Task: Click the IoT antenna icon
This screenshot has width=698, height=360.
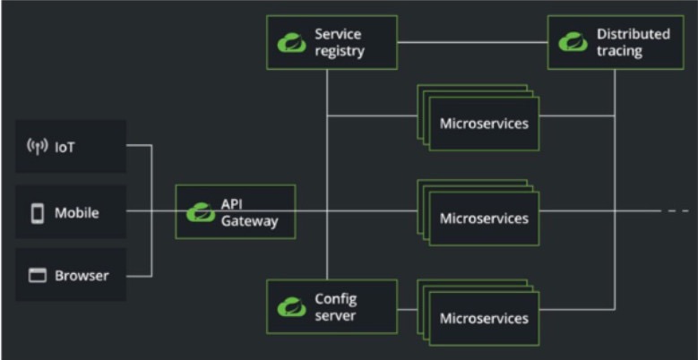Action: click(38, 147)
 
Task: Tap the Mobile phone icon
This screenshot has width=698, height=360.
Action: click(38, 213)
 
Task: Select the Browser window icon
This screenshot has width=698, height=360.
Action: click(38, 276)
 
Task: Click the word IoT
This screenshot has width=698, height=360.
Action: click(65, 147)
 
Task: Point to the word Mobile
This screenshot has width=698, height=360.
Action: click(77, 213)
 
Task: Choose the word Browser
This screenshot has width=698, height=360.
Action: click(82, 276)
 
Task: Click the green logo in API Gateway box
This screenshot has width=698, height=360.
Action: click(199, 212)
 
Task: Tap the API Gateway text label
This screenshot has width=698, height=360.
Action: click(248, 212)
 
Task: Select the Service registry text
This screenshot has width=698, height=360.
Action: click(340, 42)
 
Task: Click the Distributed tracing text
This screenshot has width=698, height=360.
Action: click(633, 42)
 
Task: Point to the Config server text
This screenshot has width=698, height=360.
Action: click(336, 307)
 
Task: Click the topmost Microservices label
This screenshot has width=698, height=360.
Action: click(484, 122)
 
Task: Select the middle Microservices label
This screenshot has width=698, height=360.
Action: click(484, 219)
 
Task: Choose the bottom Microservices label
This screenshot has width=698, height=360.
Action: click(484, 318)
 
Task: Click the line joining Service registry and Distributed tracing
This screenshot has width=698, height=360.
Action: click(472, 42)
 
